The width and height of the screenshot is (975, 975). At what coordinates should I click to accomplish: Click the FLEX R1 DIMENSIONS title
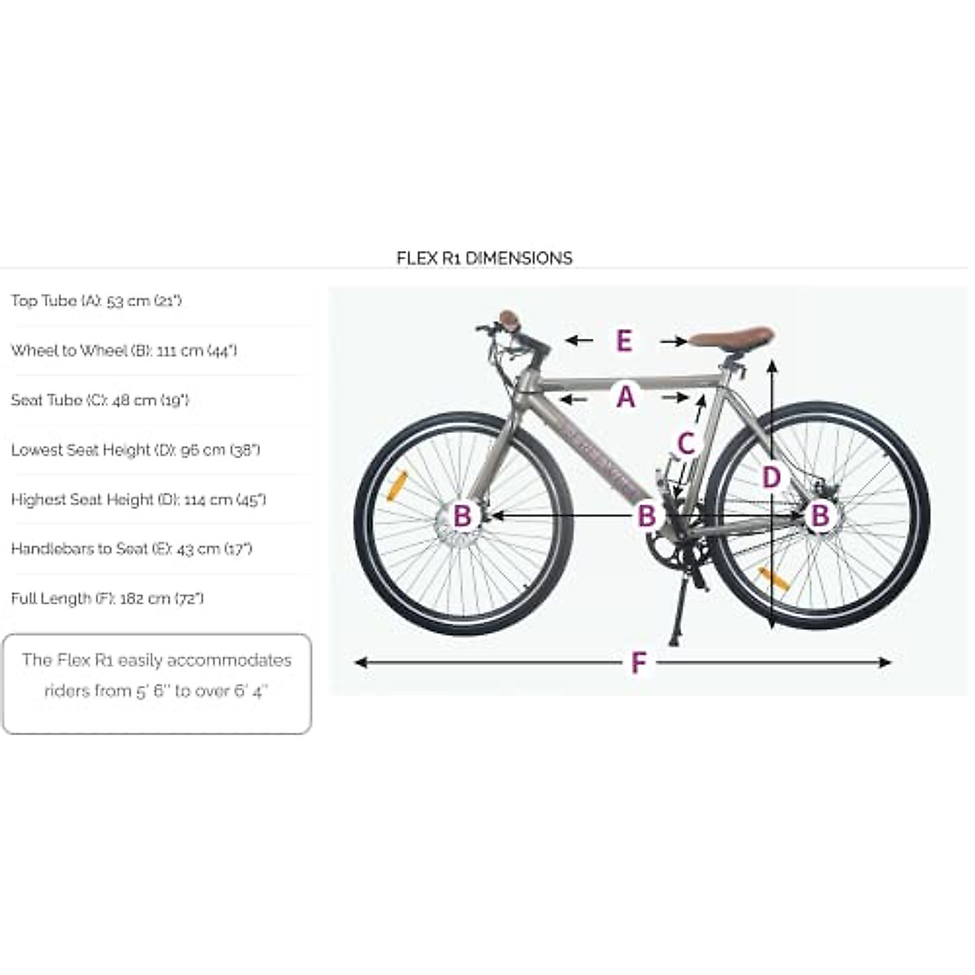click(x=484, y=258)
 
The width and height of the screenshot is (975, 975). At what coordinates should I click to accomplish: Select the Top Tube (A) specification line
click(x=96, y=301)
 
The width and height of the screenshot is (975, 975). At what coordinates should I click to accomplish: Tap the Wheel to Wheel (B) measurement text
click(x=123, y=350)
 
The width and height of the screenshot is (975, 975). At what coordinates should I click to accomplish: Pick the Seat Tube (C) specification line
click(x=99, y=400)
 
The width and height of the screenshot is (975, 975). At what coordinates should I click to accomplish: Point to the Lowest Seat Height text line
click(x=135, y=449)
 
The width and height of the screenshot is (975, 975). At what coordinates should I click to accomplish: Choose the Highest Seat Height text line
click(x=138, y=499)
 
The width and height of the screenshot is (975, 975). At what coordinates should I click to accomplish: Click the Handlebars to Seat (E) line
click(x=131, y=548)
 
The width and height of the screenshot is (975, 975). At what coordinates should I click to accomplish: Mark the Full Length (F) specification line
click(x=106, y=598)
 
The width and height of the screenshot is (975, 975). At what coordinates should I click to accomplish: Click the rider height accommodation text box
click(x=157, y=683)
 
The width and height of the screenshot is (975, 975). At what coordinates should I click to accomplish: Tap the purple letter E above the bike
click(x=624, y=340)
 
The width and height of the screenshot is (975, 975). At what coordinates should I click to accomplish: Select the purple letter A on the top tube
click(x=625, y=397)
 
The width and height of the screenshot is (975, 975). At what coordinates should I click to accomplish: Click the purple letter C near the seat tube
click(x=687, y=444)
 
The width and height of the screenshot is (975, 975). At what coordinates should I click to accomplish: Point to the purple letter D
click(x=771, y=477)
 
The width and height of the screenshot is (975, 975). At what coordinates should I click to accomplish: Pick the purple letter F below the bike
click(x=639, y=663)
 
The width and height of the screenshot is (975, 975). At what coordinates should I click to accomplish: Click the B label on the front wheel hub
click(x=461, y=515)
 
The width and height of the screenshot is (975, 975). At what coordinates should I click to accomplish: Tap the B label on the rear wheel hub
click(x=820, y=515)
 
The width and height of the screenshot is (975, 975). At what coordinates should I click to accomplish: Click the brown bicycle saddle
click(x=732, y=337)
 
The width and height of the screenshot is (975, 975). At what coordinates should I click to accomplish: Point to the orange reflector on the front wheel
click(x=396, y=485)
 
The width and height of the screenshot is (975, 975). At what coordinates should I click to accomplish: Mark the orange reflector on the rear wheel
click(x=773, y=578)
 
